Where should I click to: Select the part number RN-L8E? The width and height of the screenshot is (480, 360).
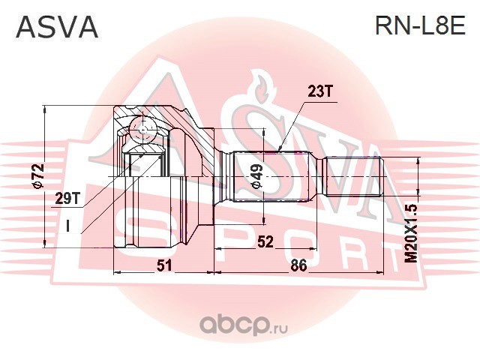[x=419, y=27]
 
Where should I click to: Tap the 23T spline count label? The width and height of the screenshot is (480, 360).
[x=319, y=92]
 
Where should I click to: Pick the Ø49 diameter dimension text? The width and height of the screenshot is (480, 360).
[x=255, y=176]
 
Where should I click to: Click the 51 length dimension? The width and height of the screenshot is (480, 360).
[x=163, y=265]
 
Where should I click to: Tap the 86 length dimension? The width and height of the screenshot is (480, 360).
[x=298, y=265]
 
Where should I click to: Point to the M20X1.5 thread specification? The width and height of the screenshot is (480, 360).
[x=409, y=232]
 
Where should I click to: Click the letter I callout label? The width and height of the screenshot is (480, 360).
[x=67, y=223]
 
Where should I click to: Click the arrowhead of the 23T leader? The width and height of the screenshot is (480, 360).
[x=279, y=147]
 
